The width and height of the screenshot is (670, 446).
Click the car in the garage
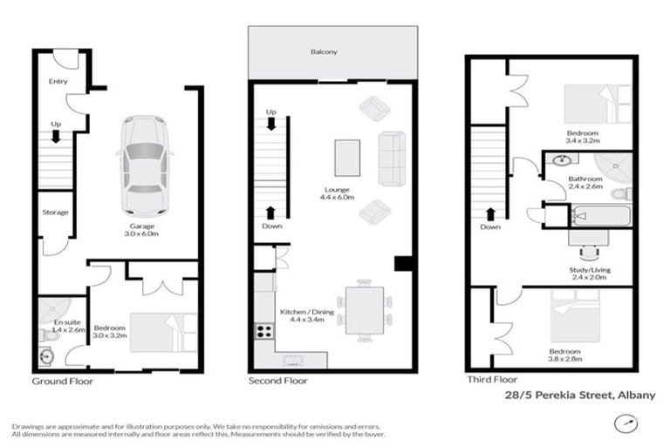tap(144, 166)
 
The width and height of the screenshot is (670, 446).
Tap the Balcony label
tap(325, 52)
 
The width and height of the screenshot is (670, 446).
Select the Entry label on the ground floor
tap(58, 81)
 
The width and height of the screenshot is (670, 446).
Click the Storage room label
tap(56, 212)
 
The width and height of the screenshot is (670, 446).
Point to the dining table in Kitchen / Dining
tap(364, 308)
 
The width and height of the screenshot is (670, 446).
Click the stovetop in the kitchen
tap(263, 331)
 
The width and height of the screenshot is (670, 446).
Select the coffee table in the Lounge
tap(346, 158)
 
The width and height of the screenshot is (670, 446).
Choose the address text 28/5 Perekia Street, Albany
tap(580, 395)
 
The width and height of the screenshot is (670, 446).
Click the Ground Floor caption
tap(62, 382)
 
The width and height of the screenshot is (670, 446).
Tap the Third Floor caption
tap(491, 380)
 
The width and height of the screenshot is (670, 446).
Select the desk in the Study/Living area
tap(587, 235)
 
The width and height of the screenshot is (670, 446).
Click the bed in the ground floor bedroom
tap(163, 332)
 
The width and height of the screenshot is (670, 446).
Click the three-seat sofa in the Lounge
tap(392, 159)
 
